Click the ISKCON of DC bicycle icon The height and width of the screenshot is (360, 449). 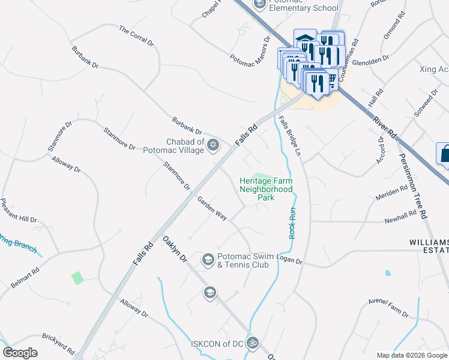coord(253,343)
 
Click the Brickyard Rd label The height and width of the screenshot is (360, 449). coord(58,343)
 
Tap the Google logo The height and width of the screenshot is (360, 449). coord(20,352)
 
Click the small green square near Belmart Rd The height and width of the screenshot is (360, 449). coord(77,278)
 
